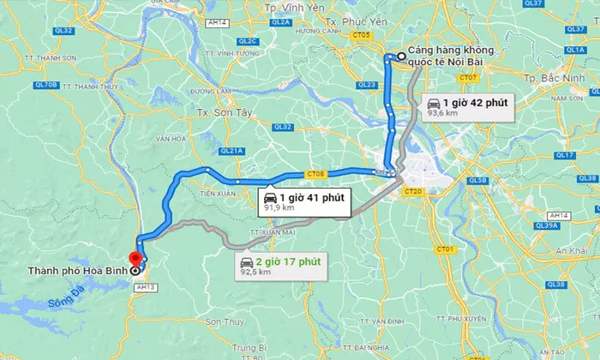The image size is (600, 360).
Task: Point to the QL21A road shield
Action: click(231, 150)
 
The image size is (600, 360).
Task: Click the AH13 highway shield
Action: click(142, 288)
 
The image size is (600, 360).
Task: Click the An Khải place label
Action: click(570, 249)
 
